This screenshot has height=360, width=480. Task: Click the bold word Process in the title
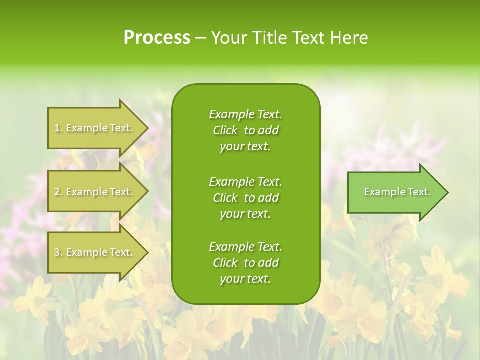pyautogui.click(x=157, y=38)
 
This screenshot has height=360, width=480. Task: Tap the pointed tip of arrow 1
pyautogui.click(x=147, y=128)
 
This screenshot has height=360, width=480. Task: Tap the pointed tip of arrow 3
pyautogui.click(x=147, y=252)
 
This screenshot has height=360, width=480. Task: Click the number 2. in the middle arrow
pyautogui.click(x=58, y=192)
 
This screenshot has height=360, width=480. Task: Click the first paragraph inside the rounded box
pyautogui.click(x=245, y=130)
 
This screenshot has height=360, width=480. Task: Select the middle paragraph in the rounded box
pyautogui.click(x=245, y=198)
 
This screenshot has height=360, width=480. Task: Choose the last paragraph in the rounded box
pyautogui.click(x=245, y=263)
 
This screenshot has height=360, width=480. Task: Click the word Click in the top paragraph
pyautogui.click(x=225, y=131)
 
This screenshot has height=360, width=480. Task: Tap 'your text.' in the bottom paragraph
pyautogui.click(x=245, y=279)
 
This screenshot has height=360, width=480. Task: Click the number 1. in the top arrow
pyautogui.click(x=58, y=128)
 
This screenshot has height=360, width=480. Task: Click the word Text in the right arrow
pyautogui.click(x=419, y=192)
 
